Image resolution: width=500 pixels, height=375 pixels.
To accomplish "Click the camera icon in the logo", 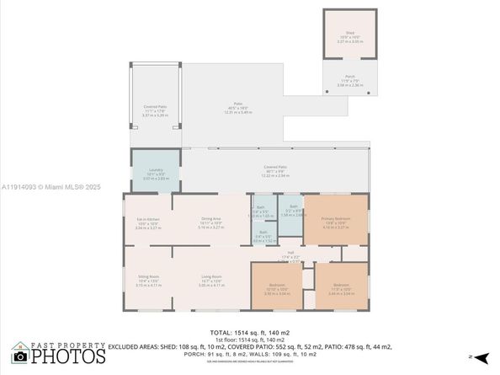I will point(19,356).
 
